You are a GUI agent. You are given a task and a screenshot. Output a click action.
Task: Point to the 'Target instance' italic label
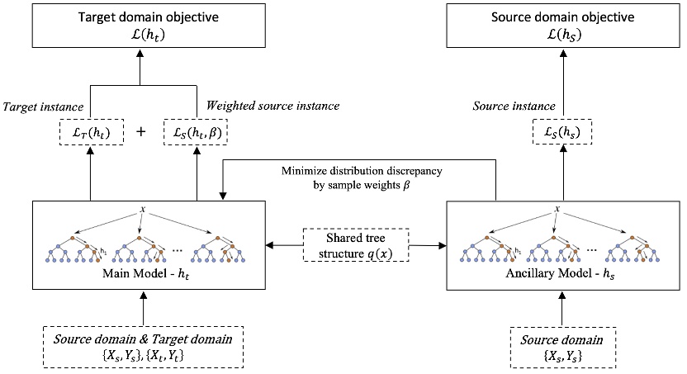pos(42,106)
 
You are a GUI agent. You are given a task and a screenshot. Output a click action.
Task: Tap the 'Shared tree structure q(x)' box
pos(355,244)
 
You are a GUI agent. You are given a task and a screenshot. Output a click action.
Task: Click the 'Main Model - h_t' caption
pos(143,276)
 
